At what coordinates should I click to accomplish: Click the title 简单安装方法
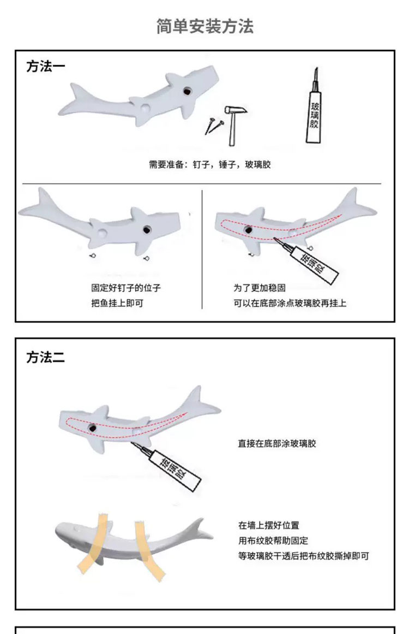[x=204, y=26]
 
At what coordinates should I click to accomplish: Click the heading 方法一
[x=45, y=66]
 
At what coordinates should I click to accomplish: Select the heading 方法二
[x=45, y=358]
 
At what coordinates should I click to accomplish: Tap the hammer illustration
[x=234, y=124]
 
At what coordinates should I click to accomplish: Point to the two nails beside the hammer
[x=214, y=126]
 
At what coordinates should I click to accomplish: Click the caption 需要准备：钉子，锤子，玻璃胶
[x=209, y=164]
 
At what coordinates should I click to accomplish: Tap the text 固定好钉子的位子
[x=125, y=288]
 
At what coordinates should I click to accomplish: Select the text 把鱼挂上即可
[x=117, y=303]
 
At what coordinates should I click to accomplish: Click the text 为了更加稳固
[x=259, y=288]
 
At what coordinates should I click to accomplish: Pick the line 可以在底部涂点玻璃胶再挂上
[x=290, y=303]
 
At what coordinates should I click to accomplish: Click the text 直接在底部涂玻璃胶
[x=276, y=443]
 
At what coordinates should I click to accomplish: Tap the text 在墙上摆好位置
[x=268, y=526]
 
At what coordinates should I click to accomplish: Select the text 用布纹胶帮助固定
[x=273, y=541]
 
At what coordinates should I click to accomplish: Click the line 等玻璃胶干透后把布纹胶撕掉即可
[x=304, y=556]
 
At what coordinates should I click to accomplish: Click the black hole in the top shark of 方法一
[x=187, y=91]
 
